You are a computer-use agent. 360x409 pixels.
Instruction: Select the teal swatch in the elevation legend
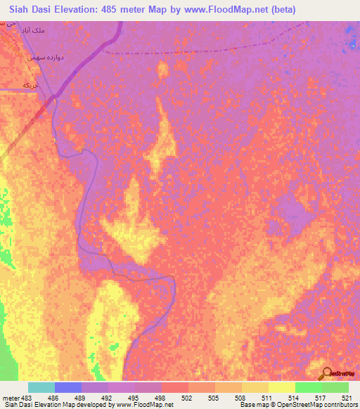[x=41, y=387]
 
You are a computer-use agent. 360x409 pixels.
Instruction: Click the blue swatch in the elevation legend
[x=68, y=387]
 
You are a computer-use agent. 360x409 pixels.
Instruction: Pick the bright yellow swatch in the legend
[x=282, y=387]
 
